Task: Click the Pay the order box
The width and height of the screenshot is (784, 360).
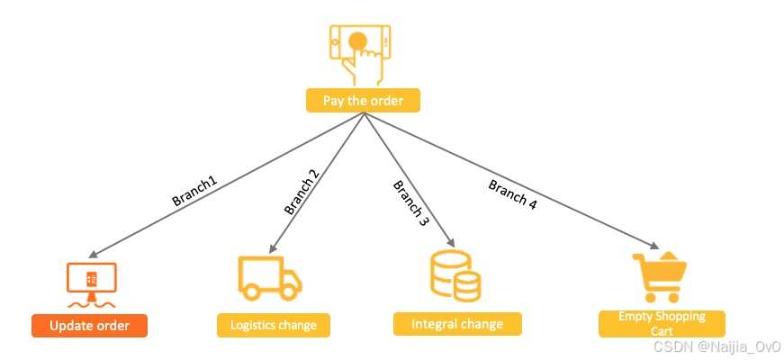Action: (363, 100)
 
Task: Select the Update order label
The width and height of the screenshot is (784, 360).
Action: (89, 325)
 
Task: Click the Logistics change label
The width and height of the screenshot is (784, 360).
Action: (274, 325)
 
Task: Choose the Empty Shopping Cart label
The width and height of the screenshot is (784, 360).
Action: (662, 324)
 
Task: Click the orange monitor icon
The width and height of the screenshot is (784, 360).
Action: (92, 282)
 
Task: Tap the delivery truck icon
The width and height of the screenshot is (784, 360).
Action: (269, 277)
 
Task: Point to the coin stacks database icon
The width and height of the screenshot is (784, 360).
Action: (455, 276)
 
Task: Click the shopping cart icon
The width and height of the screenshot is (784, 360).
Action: (660, 277)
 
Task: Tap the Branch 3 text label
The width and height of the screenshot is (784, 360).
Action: (410, 202)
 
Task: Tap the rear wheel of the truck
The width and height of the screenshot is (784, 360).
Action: (253, 292)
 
